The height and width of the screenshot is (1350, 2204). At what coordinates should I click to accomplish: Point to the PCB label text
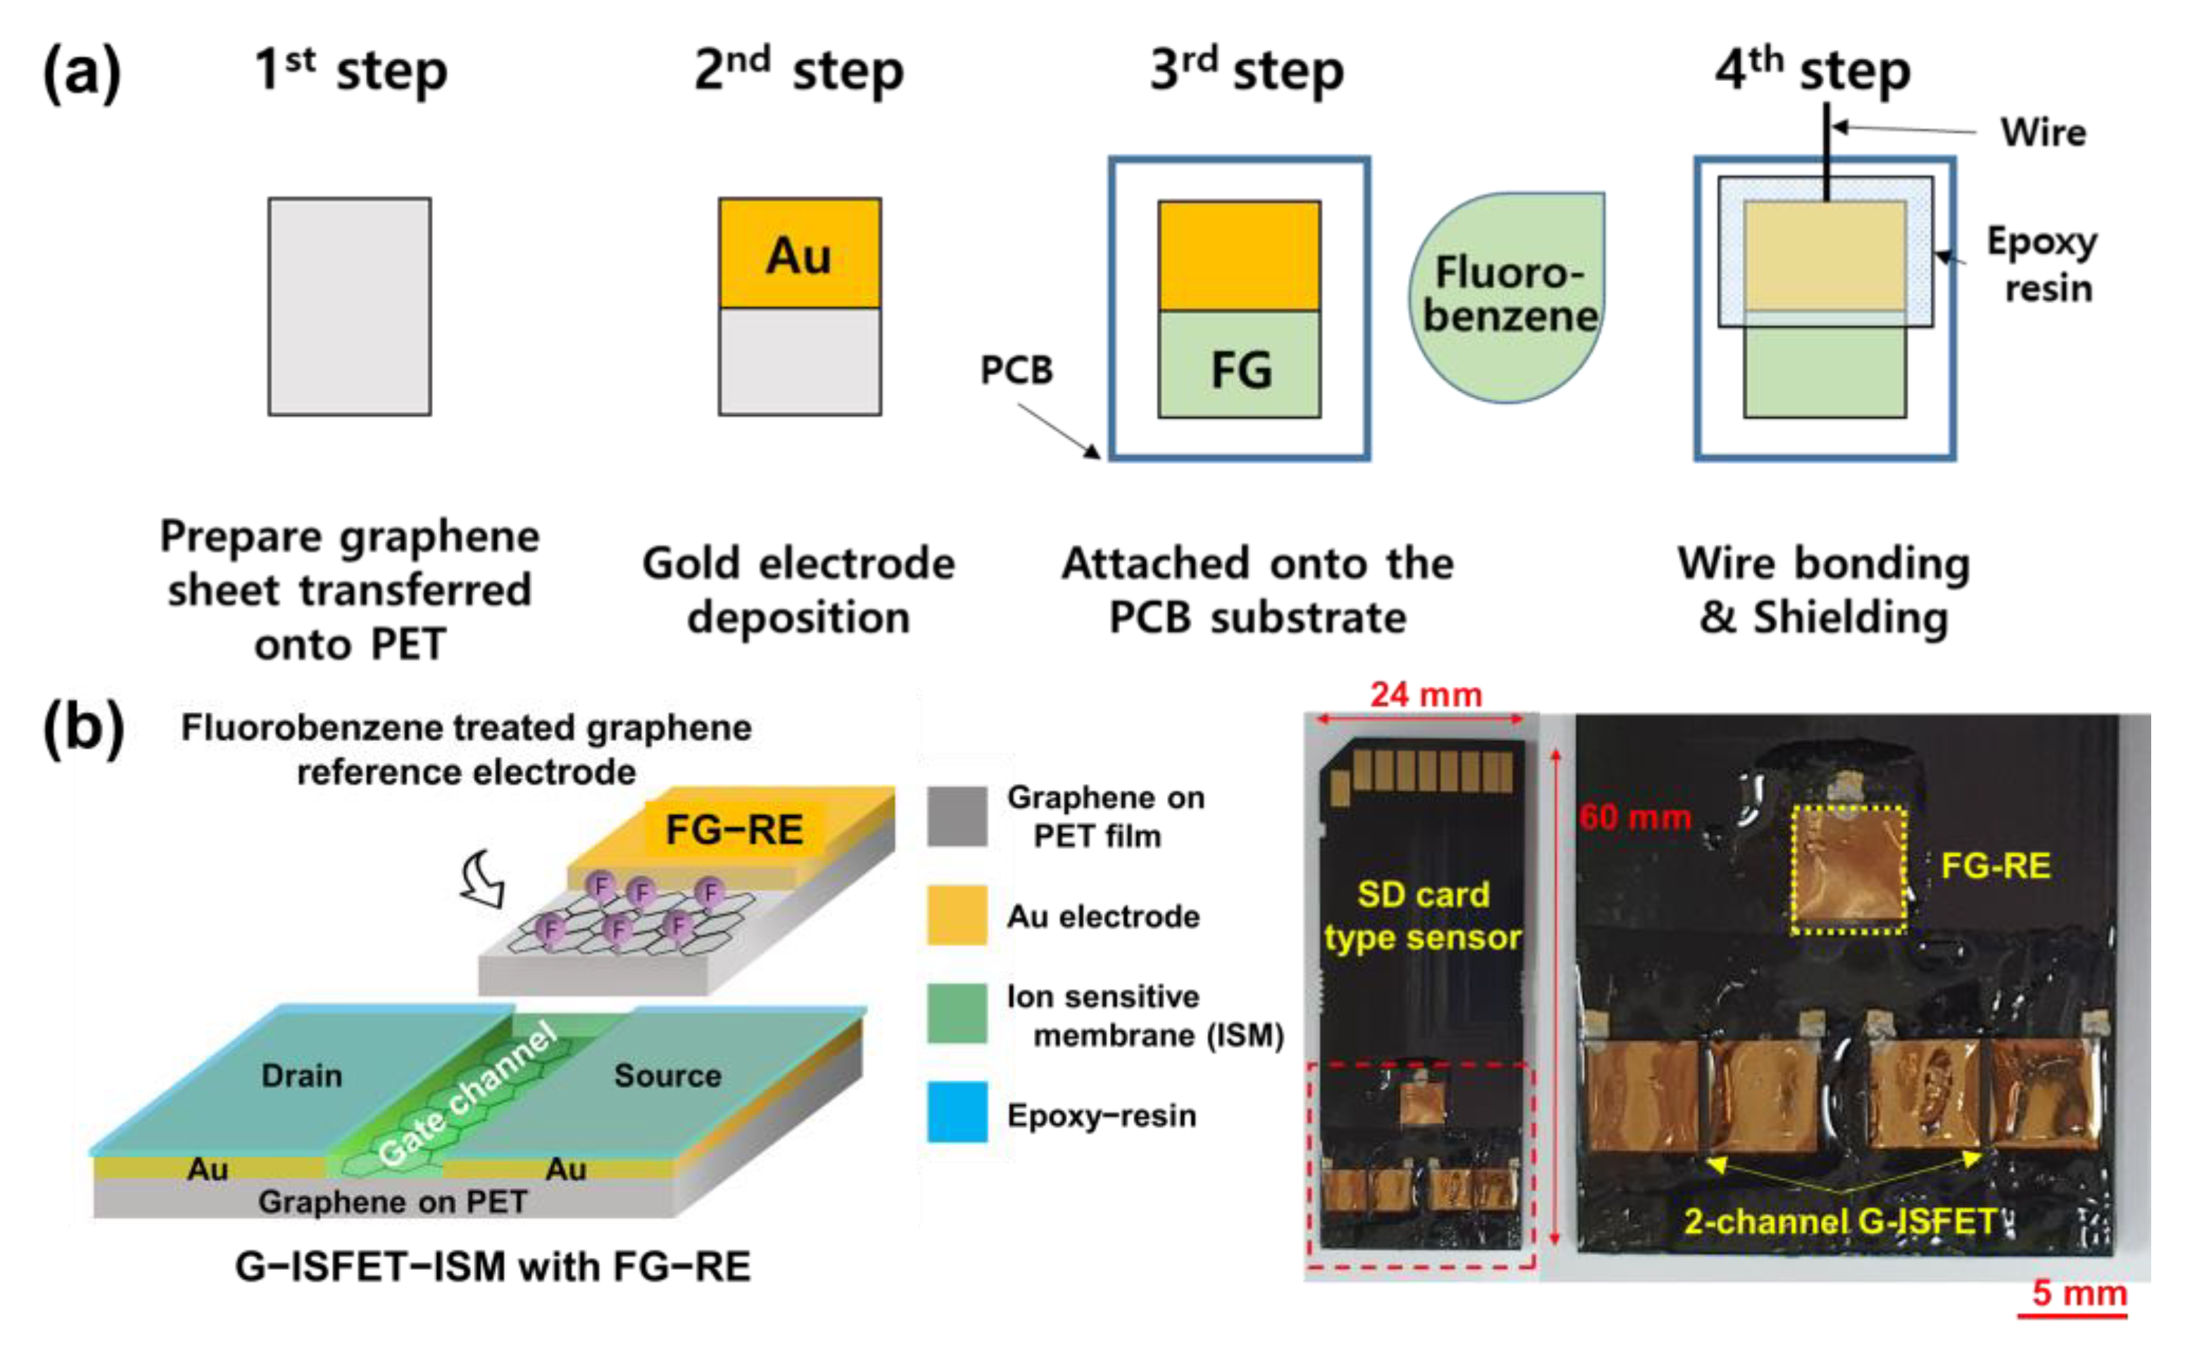click(x=1016, y=370)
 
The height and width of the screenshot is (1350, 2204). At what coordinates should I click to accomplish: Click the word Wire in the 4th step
click(x=2043, y=132)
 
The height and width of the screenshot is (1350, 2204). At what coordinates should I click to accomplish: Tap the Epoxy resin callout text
click(x=2043, y=264)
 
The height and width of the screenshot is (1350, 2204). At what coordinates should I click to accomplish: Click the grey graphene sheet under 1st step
click(x=349, y=307)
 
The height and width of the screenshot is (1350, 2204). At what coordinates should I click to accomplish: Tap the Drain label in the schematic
click(x=301, y=1075)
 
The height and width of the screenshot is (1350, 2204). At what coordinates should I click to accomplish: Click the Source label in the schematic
click(x=667, y=1075)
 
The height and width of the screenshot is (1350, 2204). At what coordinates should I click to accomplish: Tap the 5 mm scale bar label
click(x=2079, y=1293)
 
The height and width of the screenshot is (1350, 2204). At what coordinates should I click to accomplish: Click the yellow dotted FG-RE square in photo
click(x=1848, y=869)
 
